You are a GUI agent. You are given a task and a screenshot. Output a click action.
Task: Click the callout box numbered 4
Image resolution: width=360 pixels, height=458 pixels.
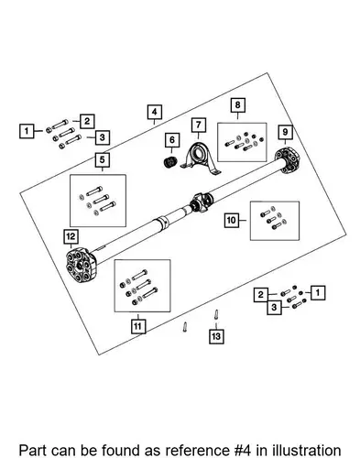(155, 112)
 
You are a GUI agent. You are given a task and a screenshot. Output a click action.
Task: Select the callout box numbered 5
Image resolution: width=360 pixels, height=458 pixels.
(102, 159)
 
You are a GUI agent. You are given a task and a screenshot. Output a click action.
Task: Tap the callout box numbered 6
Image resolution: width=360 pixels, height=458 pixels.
(172, 140)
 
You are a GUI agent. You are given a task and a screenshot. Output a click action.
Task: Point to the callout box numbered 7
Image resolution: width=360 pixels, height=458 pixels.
(199, 125)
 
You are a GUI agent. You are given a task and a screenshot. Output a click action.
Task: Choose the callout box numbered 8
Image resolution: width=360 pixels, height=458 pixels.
(237, 105)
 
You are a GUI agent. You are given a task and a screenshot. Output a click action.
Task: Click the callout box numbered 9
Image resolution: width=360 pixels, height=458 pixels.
(285, 132)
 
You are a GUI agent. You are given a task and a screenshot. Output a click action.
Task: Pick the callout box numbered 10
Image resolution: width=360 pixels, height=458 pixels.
(232, 220)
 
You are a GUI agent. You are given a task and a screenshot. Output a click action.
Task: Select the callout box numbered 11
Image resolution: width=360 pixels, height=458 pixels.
(137, 326)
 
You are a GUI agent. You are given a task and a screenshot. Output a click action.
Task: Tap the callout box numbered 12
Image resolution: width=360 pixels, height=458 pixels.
(71, 236)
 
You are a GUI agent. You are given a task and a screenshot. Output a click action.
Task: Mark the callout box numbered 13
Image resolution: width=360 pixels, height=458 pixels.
(216, 336)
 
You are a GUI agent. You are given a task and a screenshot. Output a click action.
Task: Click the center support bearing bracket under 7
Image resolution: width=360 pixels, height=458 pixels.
(201, 159)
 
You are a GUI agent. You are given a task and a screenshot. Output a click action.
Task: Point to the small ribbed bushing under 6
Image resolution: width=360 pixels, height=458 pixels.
(170, 161)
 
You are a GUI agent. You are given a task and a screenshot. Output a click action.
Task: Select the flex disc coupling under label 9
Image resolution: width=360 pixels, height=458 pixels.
(287, 160)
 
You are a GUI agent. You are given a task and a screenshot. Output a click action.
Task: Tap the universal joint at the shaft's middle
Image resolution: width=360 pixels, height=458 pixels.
(201, 202)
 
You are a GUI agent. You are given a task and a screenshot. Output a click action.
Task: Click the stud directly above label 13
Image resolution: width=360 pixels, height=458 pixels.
(216, 315)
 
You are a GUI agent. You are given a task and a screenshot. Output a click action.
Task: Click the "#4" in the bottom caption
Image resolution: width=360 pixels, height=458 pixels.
(241, 451)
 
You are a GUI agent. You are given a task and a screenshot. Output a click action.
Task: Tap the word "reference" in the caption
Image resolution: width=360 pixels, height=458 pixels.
(197, 451)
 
